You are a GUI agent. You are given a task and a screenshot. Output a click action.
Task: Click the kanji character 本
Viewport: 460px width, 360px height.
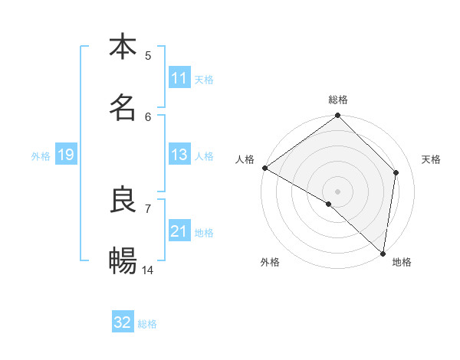click(x=123, y=47)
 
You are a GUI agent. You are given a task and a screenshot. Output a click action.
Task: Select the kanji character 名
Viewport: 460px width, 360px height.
click(x=123, y=108)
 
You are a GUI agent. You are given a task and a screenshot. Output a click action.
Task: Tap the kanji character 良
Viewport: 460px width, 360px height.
click(x=123, y=201)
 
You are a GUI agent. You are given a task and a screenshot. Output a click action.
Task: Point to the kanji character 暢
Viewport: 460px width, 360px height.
click(x=123, y=262)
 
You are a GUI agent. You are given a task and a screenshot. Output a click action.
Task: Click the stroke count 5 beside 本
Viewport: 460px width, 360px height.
click(x=148, y=55)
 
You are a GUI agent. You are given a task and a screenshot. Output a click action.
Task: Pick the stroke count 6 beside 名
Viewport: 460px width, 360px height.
click(x=148, y=116)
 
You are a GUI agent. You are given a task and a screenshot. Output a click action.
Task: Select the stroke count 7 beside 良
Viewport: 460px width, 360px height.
click(x=148, y=208)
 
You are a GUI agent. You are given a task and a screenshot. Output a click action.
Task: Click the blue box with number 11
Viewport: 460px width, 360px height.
click(x=179, y=78)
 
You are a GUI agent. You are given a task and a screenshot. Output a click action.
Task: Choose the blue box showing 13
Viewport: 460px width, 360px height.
click(x=179, y=155)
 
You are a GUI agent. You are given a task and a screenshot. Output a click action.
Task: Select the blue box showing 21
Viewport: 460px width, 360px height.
click(x=179, y=231)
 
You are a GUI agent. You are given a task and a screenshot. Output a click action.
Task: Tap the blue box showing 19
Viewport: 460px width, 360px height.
click(x=66, y=155)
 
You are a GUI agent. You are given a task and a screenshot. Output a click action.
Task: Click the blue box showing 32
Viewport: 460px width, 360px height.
click(x=123, y=322)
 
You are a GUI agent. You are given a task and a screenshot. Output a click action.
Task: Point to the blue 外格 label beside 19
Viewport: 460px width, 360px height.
click(x=41, y=155)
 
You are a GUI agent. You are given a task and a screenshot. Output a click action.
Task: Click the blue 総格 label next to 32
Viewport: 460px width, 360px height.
click(x=147, y=323)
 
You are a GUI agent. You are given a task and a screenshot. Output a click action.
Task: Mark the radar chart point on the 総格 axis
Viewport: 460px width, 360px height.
click(x=337, y=116)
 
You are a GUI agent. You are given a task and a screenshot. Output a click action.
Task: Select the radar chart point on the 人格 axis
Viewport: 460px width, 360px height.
click(x=264, y=168)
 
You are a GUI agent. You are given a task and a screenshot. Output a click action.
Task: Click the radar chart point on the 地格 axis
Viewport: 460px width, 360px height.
click(x=383, y=253)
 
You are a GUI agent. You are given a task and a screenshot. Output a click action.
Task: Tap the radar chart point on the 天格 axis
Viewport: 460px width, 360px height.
click(x=396, y=172)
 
